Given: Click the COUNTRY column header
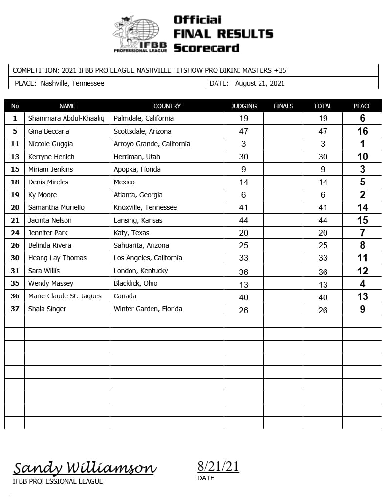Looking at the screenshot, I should (x=167, y=106).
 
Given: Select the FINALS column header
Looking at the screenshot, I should (x=283, y=106).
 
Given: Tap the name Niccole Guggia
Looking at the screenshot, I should (x=51, y=144).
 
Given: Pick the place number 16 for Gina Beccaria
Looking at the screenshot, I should (x=362, y=131).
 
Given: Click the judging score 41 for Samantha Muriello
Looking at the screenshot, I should (x=243, y=207).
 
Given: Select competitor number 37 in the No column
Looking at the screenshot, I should (x=15, y=309).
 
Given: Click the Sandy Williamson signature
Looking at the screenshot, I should (x=85, y=468).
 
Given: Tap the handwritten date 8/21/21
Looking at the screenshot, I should (x=218, y=466).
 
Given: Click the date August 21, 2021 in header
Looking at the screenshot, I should (x=260, y=83).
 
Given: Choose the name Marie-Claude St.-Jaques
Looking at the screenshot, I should (x=65, y=296).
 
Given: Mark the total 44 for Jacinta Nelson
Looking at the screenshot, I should (x=323, y=220).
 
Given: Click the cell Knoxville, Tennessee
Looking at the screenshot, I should (x=145, y=207).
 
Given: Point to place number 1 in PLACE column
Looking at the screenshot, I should (x=362, y=144).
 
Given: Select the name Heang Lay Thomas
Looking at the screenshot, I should (x=57, y=258).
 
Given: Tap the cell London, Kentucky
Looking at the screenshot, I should (x=141, y=271).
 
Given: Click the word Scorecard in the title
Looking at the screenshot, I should (x=206, y=48).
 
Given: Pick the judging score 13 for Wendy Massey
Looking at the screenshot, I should (x=243, y=284).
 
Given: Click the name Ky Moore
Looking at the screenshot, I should (x=43, y=195).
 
